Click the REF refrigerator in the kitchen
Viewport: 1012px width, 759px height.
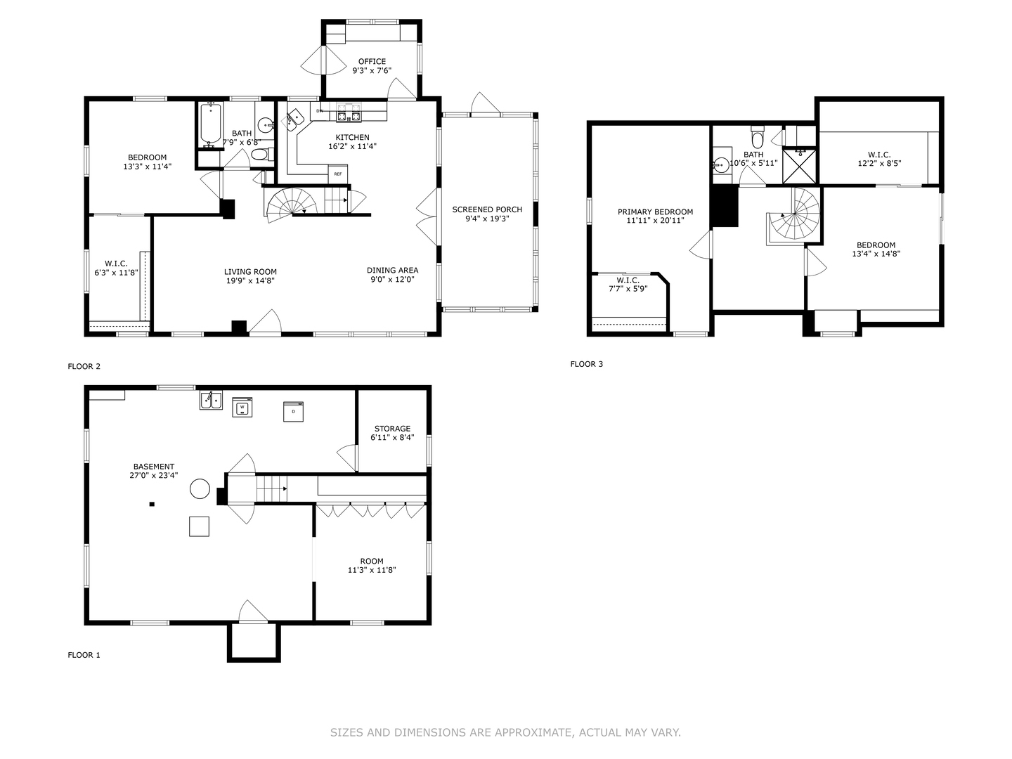[337, 174]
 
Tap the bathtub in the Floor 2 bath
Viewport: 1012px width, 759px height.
[211, 124]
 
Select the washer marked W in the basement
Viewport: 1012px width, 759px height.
[242, 407]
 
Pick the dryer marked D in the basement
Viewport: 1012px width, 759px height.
[293, 412]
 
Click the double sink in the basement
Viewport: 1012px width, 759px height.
[211, 400]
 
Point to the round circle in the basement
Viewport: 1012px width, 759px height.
[200, 488]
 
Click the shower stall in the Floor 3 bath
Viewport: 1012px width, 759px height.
[800, 166]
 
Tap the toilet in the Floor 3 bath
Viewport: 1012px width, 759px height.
[758, 137]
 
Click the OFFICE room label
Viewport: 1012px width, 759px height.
[372, 61]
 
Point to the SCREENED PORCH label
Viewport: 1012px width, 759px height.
[487, 209]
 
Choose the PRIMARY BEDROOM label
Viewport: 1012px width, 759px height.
[655, 212]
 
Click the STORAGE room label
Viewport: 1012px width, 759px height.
[392, 429]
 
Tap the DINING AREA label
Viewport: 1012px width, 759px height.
[392, 270]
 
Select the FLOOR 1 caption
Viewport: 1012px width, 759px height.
[84, 655]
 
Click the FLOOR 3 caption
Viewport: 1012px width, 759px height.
[586, 364]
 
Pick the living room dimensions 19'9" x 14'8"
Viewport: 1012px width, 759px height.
[250, 280]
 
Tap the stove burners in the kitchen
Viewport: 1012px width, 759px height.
[349, 112]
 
